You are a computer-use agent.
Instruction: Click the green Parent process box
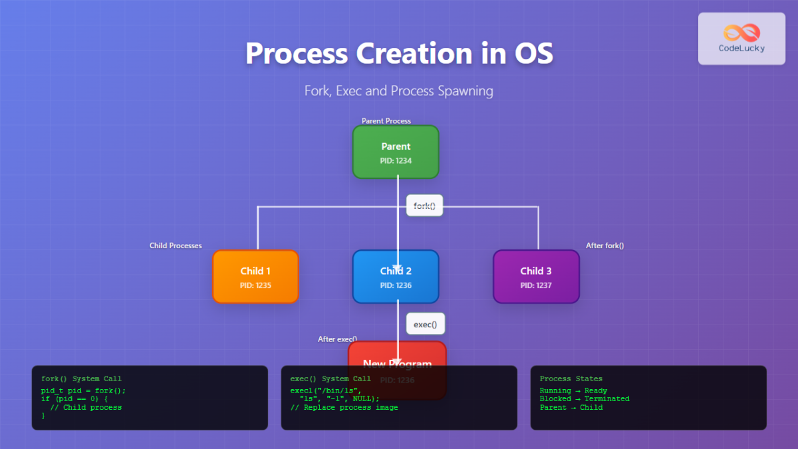click(x=396, y=152)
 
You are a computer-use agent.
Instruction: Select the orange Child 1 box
click(x=255, y=277)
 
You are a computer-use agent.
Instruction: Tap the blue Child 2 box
click(x=396, y=277)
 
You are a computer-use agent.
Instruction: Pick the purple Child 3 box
click(x=536, y=277)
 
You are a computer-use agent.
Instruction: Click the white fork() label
click(x=424, y=206)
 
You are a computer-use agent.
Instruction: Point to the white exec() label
click(x=426, y=324)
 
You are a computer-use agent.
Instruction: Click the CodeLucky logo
click(x=741, y=39)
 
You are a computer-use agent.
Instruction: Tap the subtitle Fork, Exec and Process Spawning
click(x=398, y=90)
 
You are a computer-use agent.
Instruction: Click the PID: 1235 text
click(x=255, y=285)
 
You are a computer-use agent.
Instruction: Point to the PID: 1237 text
click(x=536, y=285)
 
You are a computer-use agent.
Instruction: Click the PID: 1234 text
click(x=396, y=160)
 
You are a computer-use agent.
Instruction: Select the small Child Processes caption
click(x=176, y=245)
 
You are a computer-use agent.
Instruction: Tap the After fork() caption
click(x=604, y=245)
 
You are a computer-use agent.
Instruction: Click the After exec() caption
click(x=337, y=339)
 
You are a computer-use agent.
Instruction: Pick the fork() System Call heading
click(x=81, y=378)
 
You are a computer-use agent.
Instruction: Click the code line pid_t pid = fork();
click(x=83, y=390)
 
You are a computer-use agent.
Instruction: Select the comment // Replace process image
click(x=344, y=407)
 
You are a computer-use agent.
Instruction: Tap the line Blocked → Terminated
click(x=585, y=398)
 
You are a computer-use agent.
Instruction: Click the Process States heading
click(x=571, y=378)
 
